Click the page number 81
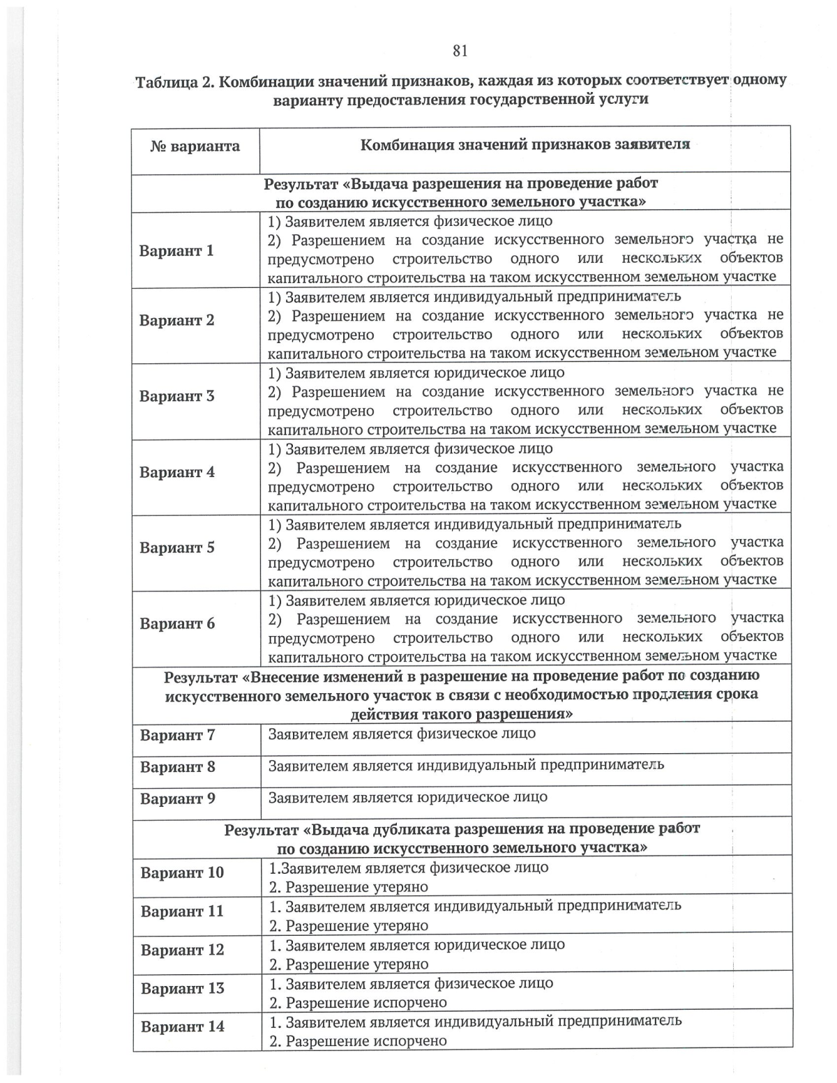tap(460, 50)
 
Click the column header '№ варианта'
tap(195, 146)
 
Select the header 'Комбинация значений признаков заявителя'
tap(525, 145)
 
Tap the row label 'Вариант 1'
tap(176, 251)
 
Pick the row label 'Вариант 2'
tap(176, 321)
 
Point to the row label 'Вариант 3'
tap(176, 397)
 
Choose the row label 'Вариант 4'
tap(176, 473)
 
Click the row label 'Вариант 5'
tap(176, 548)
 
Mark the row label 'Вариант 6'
tap(176, 624)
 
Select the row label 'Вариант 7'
tap(177, 736)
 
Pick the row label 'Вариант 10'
tap(182, 873)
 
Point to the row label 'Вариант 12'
tap(182, 951)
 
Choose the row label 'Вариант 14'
tap(182, 1027)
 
